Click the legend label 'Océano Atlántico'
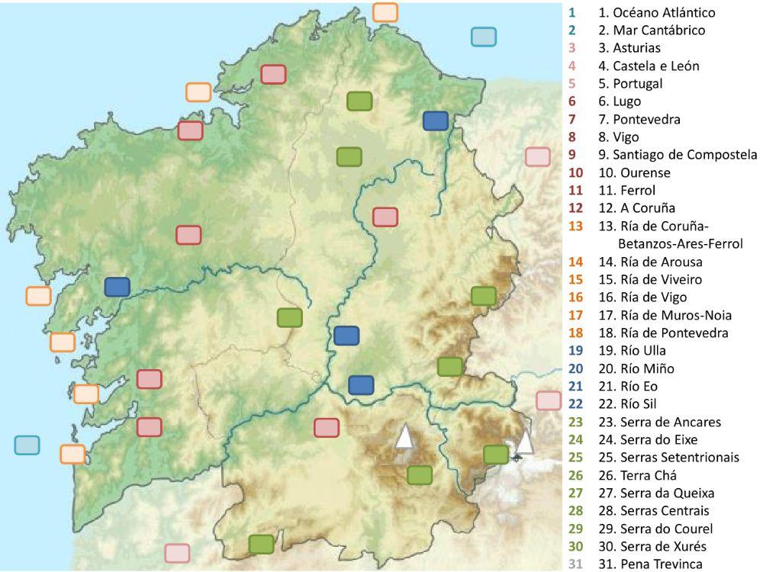656,13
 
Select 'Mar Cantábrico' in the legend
651,31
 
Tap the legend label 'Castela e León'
648,66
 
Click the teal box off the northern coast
483,37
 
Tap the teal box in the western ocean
27,445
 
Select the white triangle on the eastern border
524,442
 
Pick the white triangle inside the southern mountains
404,436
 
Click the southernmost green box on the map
261,544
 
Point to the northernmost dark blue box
435,121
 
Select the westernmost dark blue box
117,287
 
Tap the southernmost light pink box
177,553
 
